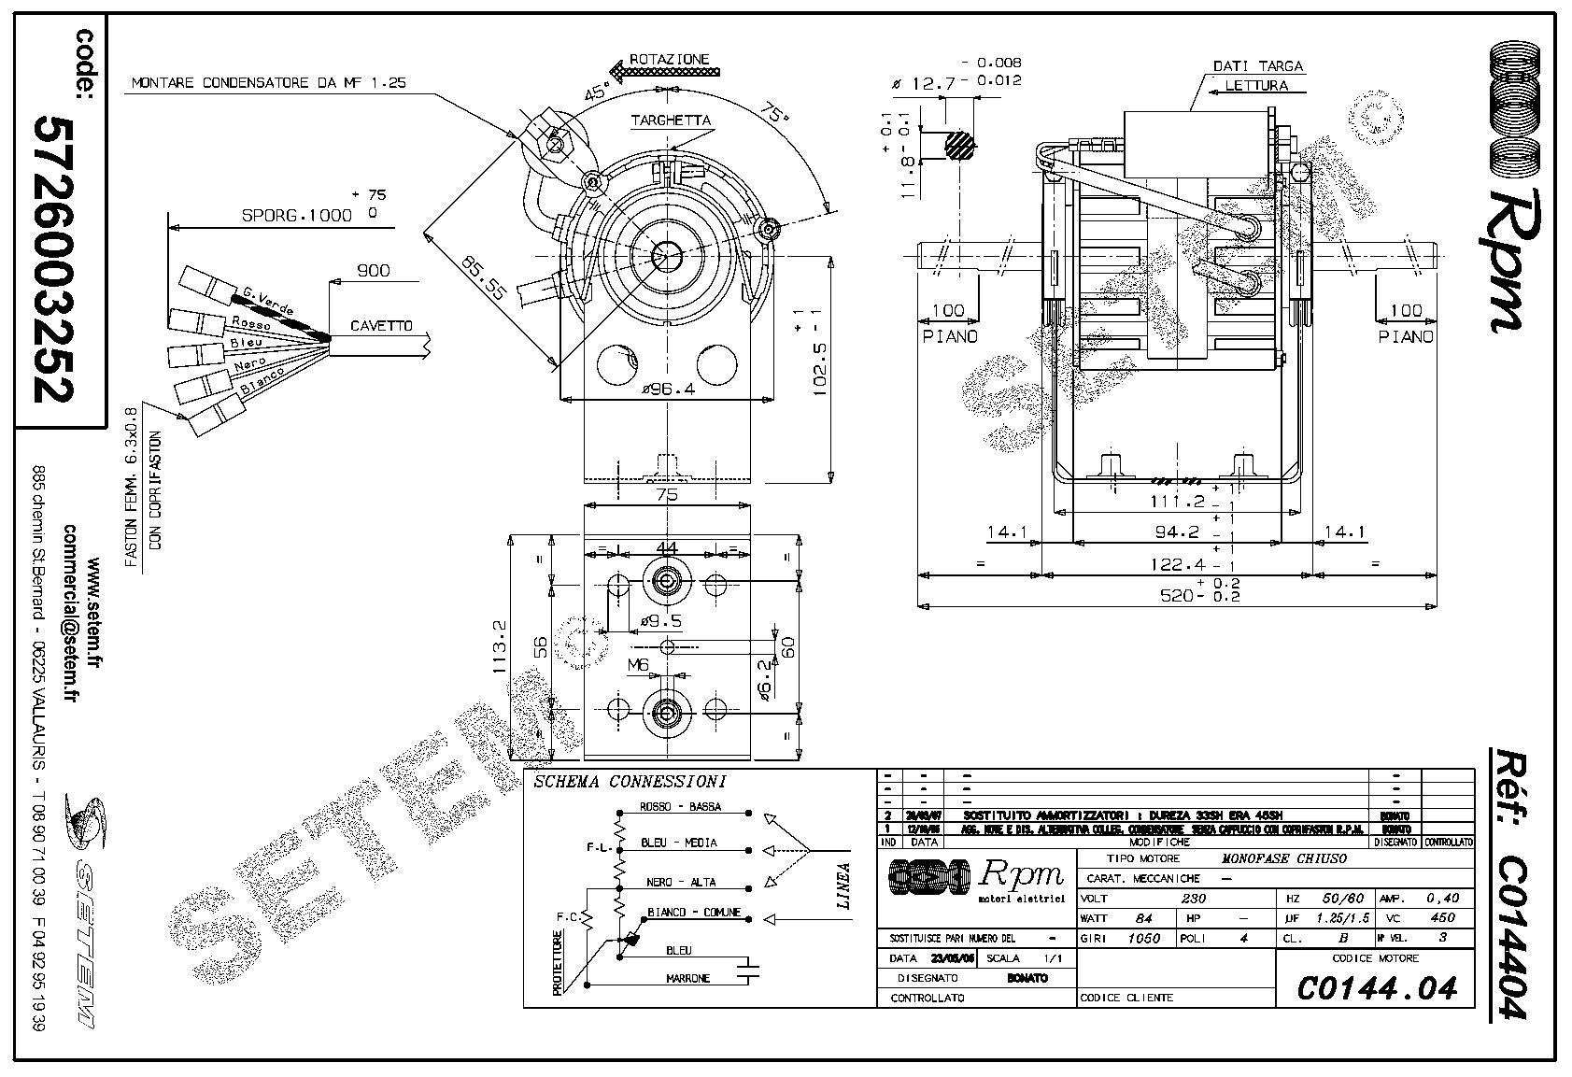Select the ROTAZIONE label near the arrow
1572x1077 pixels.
tap(669, 59)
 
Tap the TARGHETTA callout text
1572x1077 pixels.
tap(670, 120)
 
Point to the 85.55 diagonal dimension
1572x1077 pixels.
tap(482, 278)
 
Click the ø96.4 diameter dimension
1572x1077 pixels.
tap(668, 390)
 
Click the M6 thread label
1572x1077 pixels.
tap(638, 665)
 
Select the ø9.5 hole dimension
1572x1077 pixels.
tap(660, 621)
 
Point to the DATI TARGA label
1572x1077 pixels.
tap(1257, 67)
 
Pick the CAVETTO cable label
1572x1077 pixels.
tap(380, 326)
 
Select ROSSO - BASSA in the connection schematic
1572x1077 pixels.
tap(680, 807)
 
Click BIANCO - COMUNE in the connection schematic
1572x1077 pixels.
tap(693, 912)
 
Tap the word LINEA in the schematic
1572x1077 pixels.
tap(843, 886)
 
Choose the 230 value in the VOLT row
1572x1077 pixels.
tap(1193, 899)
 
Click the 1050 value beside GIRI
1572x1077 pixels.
tap(1144, 938)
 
